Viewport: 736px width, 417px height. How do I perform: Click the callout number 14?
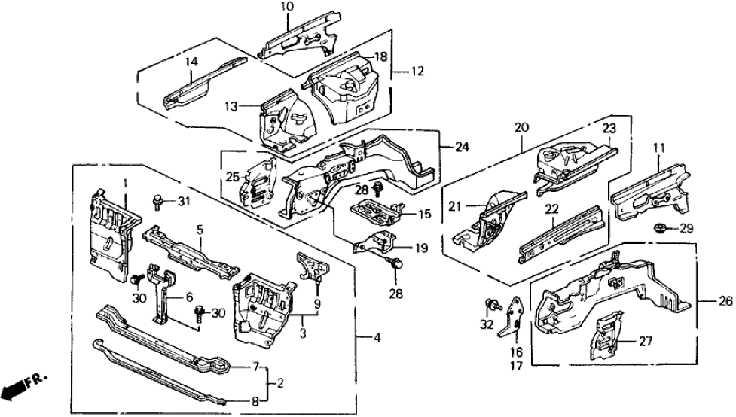[x=191, y=62]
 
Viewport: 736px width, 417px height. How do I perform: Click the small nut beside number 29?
[x=660, y=227]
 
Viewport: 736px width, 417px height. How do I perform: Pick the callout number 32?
[x=487, y=326]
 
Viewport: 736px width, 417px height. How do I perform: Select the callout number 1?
[x=127, y=183]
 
